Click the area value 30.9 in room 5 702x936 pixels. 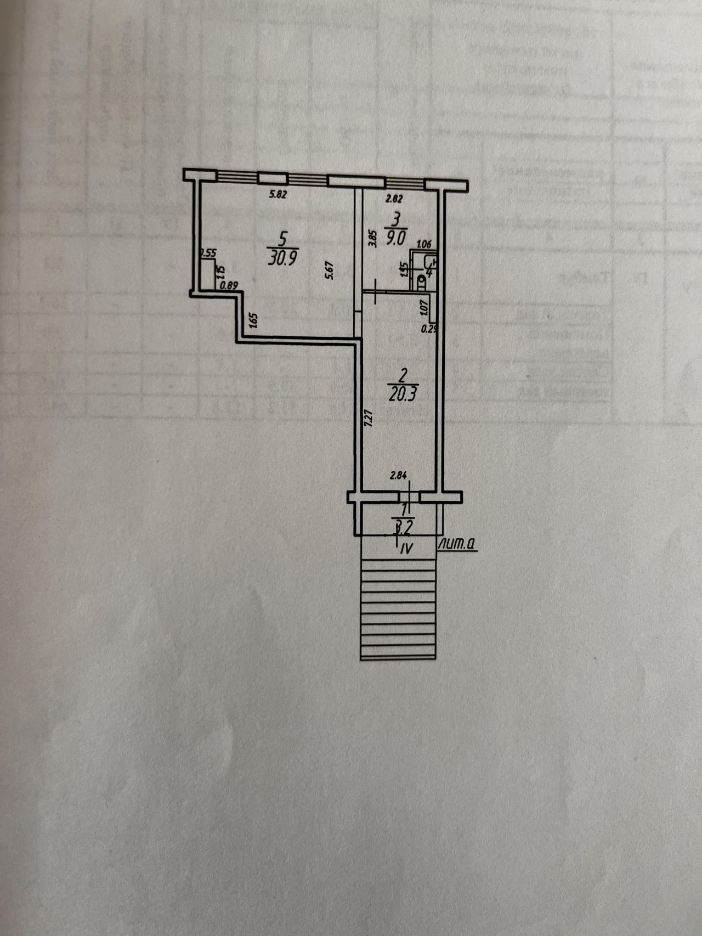(x=282, y=258)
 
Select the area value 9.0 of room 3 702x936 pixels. (x=395, y=238)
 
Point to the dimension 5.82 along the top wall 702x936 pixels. (x=279, y=194)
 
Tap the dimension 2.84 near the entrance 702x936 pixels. (x=398, y=477)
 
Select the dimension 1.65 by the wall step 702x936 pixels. (x=252, y=320)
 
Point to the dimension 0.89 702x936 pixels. (x=228, y=285)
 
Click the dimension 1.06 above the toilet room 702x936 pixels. (x=424, y=245)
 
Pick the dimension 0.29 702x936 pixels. (x=428, y=329)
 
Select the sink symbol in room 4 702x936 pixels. (x=431, y=262)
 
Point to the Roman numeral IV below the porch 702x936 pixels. (x=406, y=547)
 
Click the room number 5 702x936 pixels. (x=283, y=238)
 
